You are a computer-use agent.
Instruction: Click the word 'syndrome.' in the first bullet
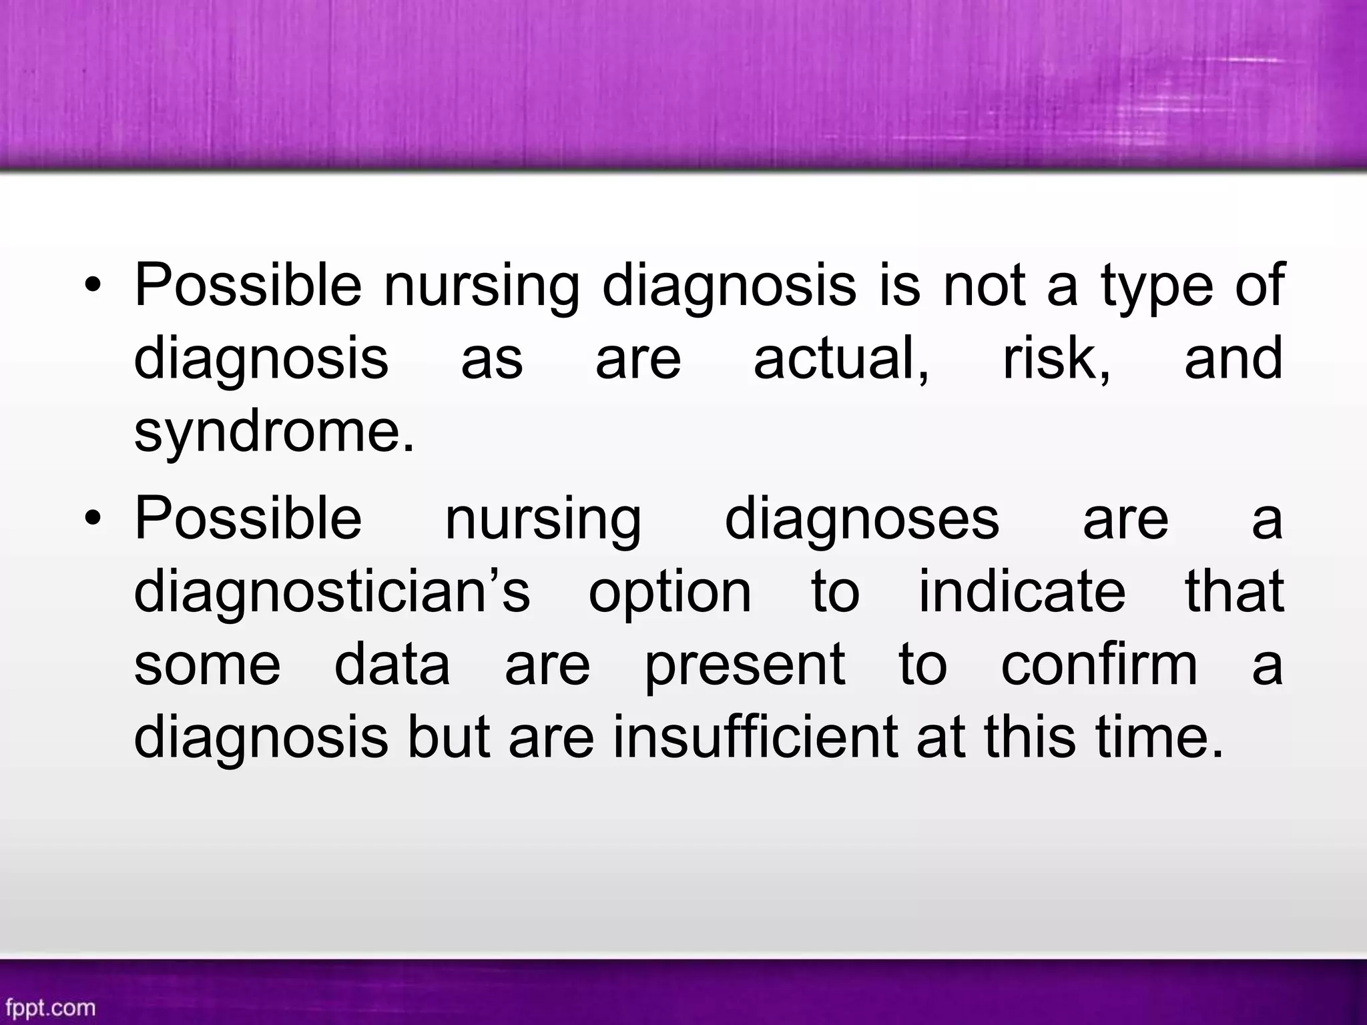coord(274,432)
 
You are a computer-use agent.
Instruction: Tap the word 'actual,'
coord(841,358)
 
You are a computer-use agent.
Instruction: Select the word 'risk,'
coord(1057,358)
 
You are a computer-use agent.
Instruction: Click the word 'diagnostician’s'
coord(332,591)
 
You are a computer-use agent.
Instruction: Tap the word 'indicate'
coord(1022,591)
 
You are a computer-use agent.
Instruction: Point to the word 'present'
coord(745,667)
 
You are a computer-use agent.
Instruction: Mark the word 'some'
coord(208,665)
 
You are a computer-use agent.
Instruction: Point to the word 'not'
coord(985,286)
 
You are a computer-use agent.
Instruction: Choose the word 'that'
coord(1234,591)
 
